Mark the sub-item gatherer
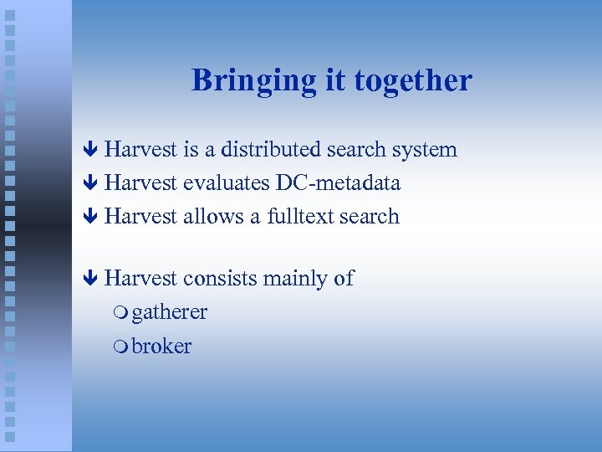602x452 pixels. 170,313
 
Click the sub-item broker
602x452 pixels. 161,346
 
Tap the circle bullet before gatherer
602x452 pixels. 122,314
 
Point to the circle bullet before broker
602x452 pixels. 122,347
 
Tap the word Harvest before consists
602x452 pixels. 141,279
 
